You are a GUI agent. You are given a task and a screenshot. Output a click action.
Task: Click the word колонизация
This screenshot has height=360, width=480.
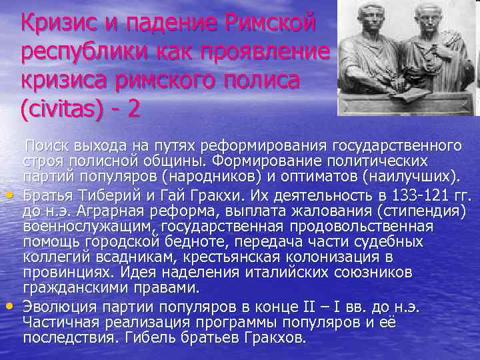coord(315,258)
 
